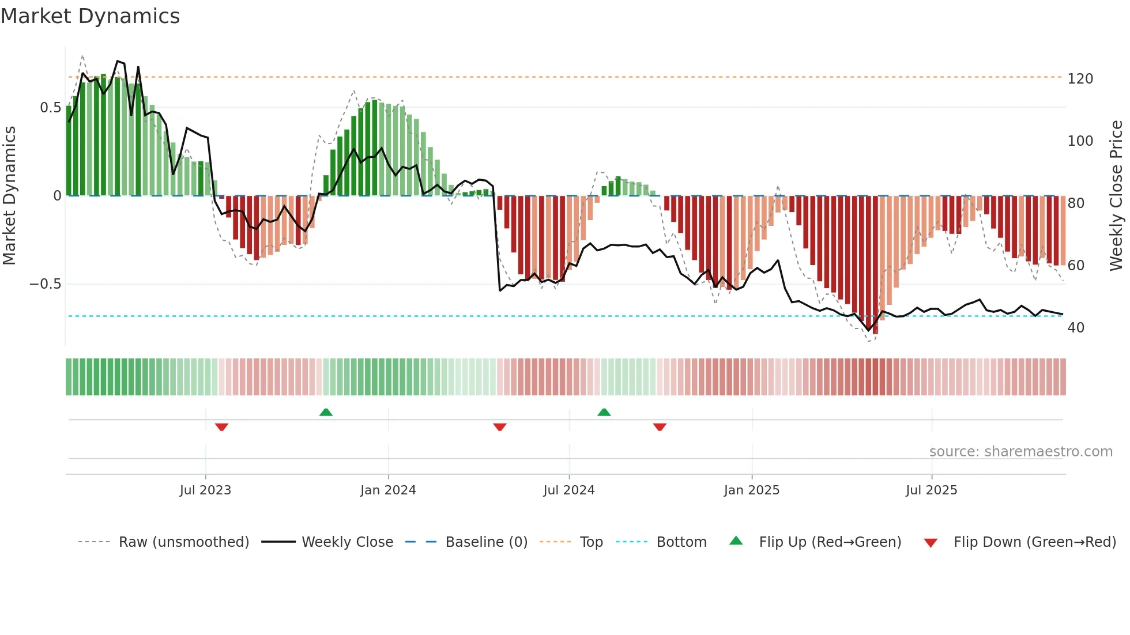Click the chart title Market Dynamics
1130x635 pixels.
[x=91, y=16]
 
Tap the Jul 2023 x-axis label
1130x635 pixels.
[x=205, y=490]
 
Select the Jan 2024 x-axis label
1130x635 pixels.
[x=388, y=490]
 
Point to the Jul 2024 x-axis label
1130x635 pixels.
[x=569, y=490]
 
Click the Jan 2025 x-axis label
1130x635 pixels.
[x=752, y=490]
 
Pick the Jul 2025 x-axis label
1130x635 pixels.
[x=932, y=490]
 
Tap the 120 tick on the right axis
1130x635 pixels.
[x=1080, y=79]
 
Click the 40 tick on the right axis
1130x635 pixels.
[x=1076, y=328]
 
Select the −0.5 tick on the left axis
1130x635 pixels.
[x=46, y=284]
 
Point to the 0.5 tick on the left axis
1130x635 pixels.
[x=51, y=108]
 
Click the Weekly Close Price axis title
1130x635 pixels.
[x=1116, y=196]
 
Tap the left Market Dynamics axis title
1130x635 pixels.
[x=9, y=196]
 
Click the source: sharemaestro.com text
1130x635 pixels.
[x=1020, y=452]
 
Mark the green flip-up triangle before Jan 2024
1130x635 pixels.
[x=326, y=412]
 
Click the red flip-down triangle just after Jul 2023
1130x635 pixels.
[x=221, y=427]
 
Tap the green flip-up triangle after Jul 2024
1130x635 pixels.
[x=604, y=412]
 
